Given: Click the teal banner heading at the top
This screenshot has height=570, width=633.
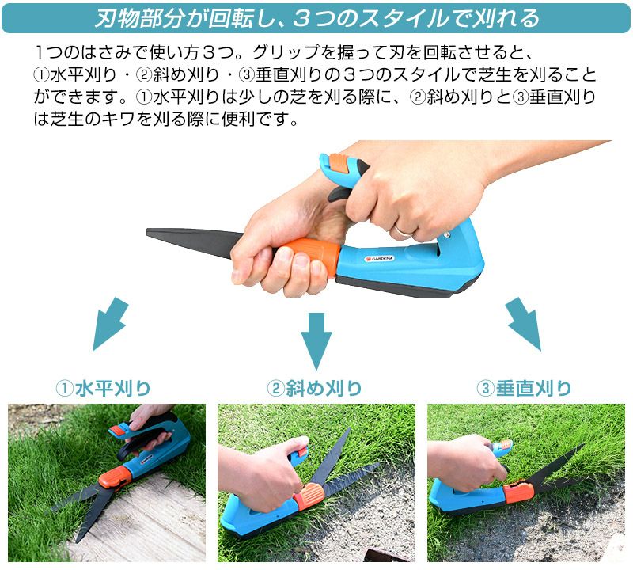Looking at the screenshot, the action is coord(316,18).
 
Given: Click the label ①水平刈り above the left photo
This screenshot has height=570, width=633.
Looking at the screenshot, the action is coord(104,389).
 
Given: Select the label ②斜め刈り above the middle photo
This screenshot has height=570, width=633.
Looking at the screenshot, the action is coord(314,389).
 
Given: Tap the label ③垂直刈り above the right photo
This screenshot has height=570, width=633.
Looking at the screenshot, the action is coord(524,389).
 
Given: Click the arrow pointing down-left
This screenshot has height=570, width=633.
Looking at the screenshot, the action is coord(110,324).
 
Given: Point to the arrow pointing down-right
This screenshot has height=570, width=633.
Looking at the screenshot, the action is coord(523,324).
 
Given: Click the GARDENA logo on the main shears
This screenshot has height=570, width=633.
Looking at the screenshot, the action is coord(379,259).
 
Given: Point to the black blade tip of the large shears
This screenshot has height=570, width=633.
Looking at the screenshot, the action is coord(148,232).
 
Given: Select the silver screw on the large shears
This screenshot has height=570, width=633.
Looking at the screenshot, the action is coord(446,234).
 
